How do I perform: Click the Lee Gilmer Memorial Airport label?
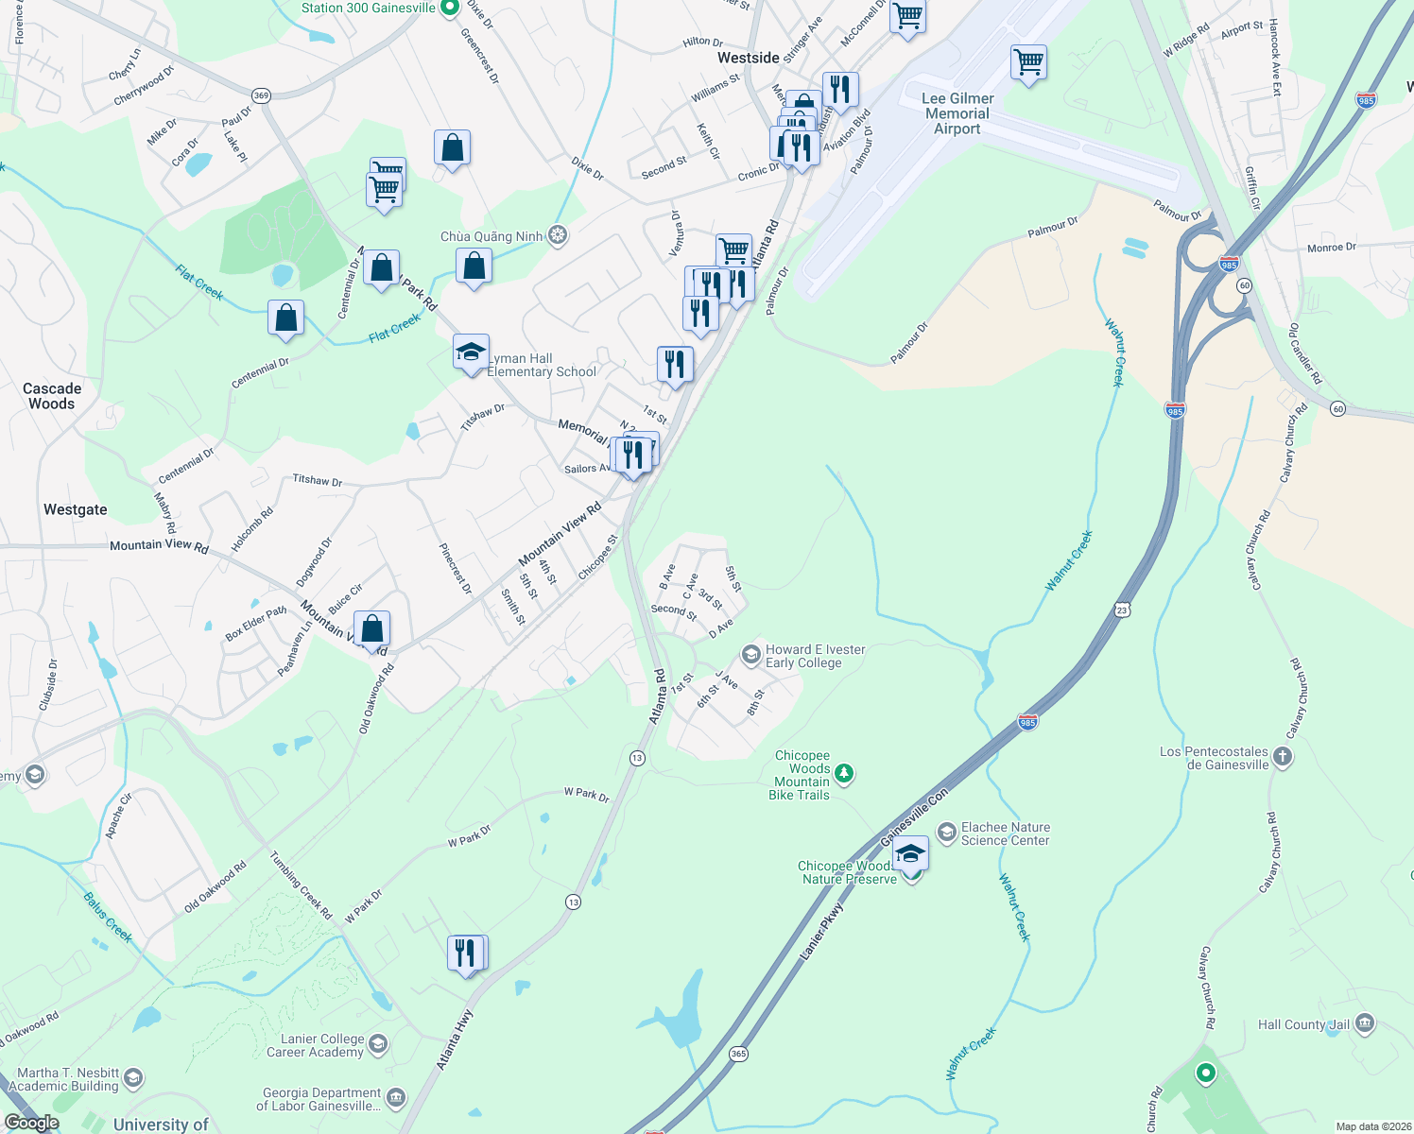pyautogui.click(x=957, y=113)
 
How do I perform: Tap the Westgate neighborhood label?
pyautogui.click(x=76, y=510)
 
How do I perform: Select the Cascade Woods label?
pyautogui.click(x=52, y=396)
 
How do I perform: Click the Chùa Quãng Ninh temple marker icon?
pyautogui.click(x=558, y=235)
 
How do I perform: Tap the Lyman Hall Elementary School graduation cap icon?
pyautogui.click(x=471, y=352)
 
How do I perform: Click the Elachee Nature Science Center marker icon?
pyautogui.click(x=946, y=832)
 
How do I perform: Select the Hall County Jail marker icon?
pyautogui.click(x=1364, y=1023)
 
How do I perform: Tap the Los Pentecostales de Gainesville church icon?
pyautogui.click(x=1282, y=756)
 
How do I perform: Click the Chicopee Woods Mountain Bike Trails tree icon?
pyautogui.click(x=844, y=774)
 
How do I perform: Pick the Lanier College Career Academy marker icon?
pyautogui.click(x=378, y=1044)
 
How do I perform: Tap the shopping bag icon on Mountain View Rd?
pyautogui.click(x=372, y=628)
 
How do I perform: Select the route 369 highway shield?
pyautogui.click(x=262, y=95)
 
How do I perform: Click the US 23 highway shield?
pyautogui.click(x=1122, y=610)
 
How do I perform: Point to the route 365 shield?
pyautogui.click(x=739, y=1054)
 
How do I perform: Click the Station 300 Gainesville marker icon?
pyautogui.click(x=450, y=8)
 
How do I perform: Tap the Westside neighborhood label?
pyautogui.click(x=749, y=58)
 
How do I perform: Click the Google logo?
pyautogui.click(x=32, y=1123)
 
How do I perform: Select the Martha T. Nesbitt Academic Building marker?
pyautogui.click(x=133, y=1078)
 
